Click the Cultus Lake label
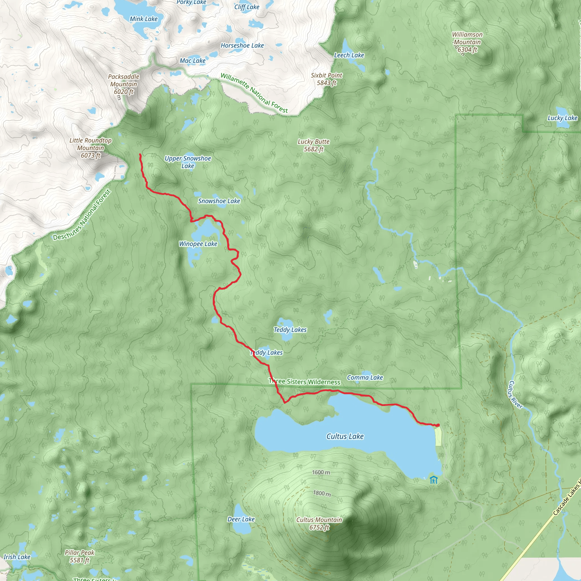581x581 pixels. (345, 436)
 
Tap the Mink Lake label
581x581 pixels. (144, 19)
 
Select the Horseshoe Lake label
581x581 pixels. (242, 46)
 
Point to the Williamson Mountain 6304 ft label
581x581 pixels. (467, 42)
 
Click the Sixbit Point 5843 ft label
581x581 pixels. (326, 79)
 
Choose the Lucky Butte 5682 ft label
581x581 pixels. (313, 145)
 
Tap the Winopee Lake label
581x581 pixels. (198, 244)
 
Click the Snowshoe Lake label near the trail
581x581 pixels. (219, 201)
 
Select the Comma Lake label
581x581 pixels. (365, 377)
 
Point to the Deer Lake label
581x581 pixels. (241, 519)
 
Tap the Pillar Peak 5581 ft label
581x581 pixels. (79, 556)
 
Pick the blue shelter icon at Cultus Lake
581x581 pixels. (433, 480)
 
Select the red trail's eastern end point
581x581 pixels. (438, 425)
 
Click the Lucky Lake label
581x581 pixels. (562, 118)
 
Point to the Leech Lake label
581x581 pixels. (349, 55)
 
